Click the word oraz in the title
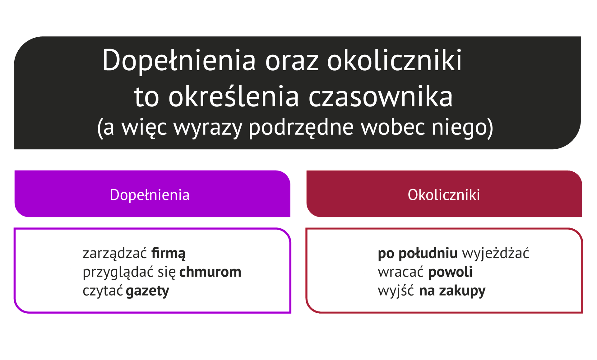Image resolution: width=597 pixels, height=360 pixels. [x=292, y=61]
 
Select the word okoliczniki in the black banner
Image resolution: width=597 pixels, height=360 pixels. [x=394, y=60]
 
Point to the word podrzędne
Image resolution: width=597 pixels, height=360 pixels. [x=301, y=128]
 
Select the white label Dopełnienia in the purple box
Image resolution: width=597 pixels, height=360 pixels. [x=150, y=195]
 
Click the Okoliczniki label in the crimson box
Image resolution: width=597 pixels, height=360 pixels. [x=444, y=195]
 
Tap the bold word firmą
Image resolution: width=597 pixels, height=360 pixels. [x=168, y=254]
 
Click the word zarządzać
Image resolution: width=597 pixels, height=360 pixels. [x=114, y=254]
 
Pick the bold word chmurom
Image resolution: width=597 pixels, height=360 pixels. [x=210, y=272]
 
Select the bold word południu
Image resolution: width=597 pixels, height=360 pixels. [x=428, y=254]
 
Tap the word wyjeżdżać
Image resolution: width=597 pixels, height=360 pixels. [x=496, y=254]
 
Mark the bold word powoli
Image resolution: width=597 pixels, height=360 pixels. [x=450, y=272]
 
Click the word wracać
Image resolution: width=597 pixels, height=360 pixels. [x=401, y=272]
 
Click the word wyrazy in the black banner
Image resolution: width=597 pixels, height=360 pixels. [x=208, y=128]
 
